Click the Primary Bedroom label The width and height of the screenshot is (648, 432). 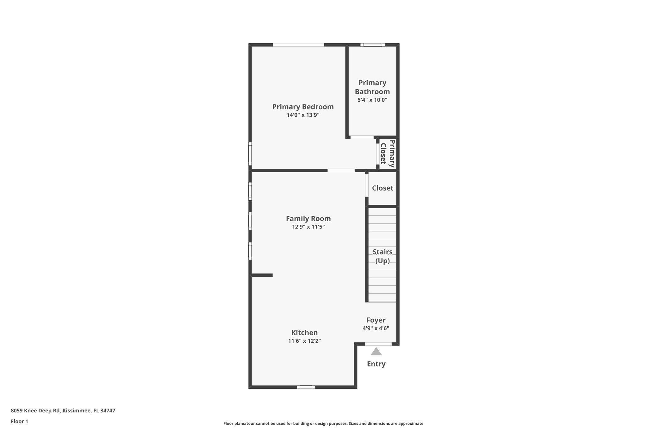tap(303, 107)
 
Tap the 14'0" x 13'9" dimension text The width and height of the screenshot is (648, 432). tap(303, 115)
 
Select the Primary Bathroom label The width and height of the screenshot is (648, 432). tap(372, 87)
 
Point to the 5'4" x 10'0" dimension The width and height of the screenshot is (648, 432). tap(372, 100)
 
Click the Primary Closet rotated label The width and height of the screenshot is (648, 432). tap(388, 153)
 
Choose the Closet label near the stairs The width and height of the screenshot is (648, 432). tap(383, 188)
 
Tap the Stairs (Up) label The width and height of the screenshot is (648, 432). tap(382, 256)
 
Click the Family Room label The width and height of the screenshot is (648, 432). tap(308, 219)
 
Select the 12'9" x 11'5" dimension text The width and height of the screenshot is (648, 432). tap(308, 227)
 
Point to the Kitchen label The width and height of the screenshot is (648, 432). tap(304, 333)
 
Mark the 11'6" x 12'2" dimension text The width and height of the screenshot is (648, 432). tap(304, 341)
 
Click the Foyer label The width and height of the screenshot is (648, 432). tap(376, 320)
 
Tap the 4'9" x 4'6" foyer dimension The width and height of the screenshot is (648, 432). tap(376, 329)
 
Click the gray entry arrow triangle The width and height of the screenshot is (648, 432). tap(376, 352)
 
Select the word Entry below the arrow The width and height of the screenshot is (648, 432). tap(376, 364)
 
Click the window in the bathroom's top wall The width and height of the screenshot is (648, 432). tap(373, 45)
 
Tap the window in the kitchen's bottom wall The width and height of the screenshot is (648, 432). tap(306, 387)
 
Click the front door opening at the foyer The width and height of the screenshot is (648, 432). tap(378, 344)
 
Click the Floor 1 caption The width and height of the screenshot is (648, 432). tap(19, 422)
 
